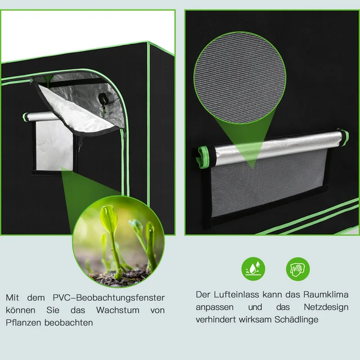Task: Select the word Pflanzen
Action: click(25, 323)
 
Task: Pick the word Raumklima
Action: click(325, 294)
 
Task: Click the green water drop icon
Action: click(251, 268)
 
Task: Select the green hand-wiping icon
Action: click(297, 268)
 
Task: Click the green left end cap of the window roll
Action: click(26, 117)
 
